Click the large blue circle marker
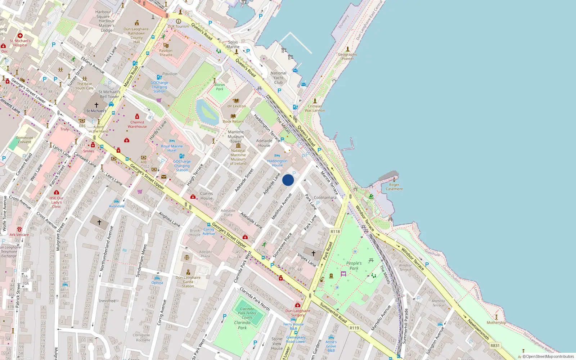tap(288, 180)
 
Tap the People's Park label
tap(354, 266)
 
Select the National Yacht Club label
tap(278, 78)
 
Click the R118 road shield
tap(335, 231)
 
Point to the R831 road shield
tap(495, 346)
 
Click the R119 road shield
tap(354, 328)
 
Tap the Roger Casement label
tap(394, 187)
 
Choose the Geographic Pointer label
tap(348, 57)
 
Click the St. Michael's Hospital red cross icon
tap(20, 36)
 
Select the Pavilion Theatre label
tap(166, 53)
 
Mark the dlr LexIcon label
tap(237, 106)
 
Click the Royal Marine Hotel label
tap(172, 148)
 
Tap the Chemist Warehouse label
tap(137, 124)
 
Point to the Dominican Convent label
tap(24, 140)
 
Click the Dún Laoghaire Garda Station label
tap(188, 282)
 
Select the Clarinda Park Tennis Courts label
tap(247, 313)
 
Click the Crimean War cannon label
tap(315, 108)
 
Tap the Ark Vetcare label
tap(19, 235)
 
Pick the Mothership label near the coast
tap(496, 323)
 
